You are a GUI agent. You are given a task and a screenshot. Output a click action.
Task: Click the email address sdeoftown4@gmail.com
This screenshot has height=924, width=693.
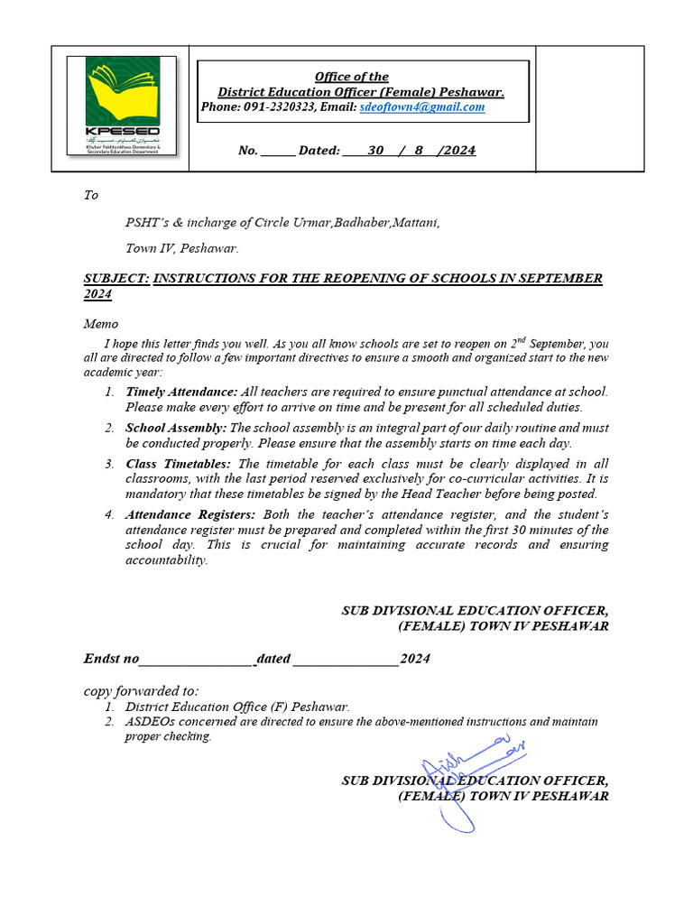pos(421,106)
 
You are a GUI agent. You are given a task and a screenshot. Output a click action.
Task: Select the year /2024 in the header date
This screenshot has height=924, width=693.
pos(457,151)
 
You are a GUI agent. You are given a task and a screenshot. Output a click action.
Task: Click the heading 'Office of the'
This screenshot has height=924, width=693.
pos(351,77)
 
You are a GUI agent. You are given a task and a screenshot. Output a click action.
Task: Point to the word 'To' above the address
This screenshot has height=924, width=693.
pos(91,195)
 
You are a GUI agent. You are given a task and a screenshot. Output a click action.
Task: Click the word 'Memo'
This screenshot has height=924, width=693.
pos(101,324)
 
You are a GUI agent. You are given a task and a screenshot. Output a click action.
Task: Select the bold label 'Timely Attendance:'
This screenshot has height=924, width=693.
pos(181,392)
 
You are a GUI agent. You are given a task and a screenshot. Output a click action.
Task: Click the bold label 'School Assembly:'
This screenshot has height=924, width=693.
pos(176,428)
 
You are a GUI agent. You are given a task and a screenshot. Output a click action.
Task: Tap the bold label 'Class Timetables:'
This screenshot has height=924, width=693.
pos(178,464)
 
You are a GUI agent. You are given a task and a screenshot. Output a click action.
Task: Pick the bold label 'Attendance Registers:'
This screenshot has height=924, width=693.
pos(190,514)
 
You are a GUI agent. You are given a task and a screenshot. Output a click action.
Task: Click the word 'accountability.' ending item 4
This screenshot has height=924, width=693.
pos(167,559)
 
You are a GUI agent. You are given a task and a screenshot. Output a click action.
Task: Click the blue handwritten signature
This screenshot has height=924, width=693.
pos(469,776)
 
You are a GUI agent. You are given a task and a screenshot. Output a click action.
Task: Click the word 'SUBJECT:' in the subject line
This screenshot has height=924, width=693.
pos(116,279)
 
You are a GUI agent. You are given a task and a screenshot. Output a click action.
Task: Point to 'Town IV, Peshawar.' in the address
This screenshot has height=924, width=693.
pos(181,247)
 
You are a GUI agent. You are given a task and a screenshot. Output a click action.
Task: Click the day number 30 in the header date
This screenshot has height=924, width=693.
pos(376,151)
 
